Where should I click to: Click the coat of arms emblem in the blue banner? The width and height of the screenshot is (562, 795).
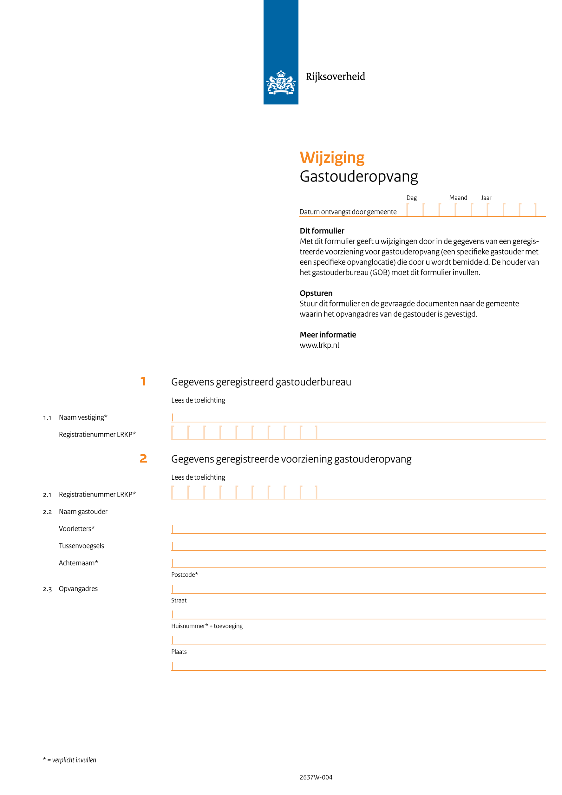coord(281,82)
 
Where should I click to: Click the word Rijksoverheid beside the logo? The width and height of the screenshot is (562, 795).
coord(335,76)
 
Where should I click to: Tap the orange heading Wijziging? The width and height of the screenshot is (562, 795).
coord(332,158)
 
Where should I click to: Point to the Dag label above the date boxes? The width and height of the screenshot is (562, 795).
coord(411,198)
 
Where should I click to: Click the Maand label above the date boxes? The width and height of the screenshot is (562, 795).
coord(458,198)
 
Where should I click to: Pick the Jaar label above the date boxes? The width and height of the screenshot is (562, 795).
coord(486,198)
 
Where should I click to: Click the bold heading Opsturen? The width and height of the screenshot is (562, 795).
coord(316,293)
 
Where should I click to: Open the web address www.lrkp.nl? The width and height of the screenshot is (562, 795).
coord(319,345)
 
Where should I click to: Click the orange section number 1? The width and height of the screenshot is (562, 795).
coord(143,382)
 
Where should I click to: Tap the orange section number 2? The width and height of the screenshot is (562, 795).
coord(143,458)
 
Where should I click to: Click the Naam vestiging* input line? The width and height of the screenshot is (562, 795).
coord(358,418)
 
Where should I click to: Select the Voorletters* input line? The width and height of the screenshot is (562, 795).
coord(358,529)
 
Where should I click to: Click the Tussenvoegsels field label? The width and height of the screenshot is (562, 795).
coord(81,546)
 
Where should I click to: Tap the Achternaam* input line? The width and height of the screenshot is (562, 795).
coord(358,563)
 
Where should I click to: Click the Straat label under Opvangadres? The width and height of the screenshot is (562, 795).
coord(179,601)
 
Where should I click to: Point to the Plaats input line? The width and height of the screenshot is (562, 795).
coord(358,666)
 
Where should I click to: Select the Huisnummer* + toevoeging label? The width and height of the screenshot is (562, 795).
coord(206,626)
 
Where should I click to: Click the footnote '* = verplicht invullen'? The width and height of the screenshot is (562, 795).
coord(69,760)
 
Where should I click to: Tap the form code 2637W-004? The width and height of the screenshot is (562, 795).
coord(316,777)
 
